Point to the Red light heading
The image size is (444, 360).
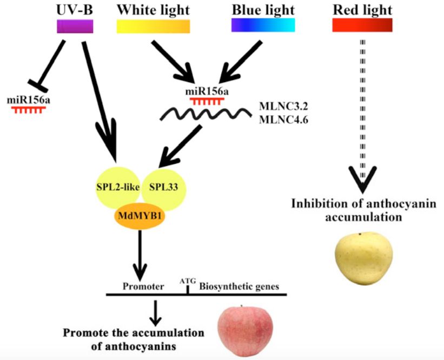[x=362, y=10]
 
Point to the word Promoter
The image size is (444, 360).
[x=143, y=287]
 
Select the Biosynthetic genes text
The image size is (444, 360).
[x=239, y=287]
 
